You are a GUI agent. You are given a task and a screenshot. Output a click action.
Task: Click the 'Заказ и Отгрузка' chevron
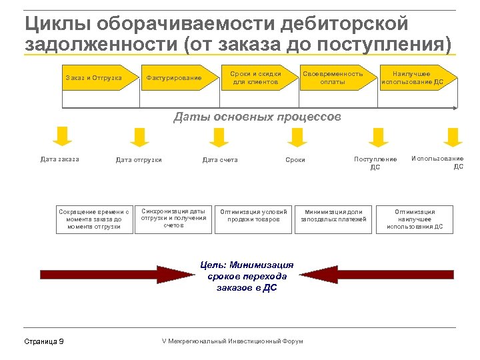click(94, 78)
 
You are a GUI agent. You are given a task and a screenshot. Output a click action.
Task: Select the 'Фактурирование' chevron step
click(174, 78)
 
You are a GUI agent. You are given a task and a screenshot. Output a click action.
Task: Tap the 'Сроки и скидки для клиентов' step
click(255, 78)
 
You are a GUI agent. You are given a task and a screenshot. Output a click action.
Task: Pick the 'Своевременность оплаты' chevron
click(333, 78)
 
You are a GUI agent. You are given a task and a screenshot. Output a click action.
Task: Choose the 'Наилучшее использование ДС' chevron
click(411, 78)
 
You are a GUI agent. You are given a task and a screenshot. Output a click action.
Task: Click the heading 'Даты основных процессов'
click(257, 117)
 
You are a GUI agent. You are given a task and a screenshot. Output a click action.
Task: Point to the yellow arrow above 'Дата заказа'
click(62, 136)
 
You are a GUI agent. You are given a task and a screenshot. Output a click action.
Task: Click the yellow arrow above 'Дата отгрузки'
click(139, 137)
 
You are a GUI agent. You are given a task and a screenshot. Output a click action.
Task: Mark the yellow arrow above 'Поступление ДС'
click(378, 137)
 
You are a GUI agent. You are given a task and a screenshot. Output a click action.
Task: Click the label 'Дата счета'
click(220, 160)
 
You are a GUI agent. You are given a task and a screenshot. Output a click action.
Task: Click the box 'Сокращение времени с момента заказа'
click(94, 219)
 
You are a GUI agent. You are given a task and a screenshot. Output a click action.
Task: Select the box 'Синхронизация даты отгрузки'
click(173, 218)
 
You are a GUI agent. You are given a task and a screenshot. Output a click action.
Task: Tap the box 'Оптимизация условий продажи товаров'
click(253, 218)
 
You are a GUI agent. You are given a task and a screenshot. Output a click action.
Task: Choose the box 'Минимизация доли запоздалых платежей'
click(333, 218)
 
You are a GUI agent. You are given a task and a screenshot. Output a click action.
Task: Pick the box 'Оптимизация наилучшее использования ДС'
click(415, 218)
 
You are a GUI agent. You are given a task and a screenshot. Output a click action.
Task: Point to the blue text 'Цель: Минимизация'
click(247, 265)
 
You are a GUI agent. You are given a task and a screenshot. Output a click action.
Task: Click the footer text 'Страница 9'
click(44, 341)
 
